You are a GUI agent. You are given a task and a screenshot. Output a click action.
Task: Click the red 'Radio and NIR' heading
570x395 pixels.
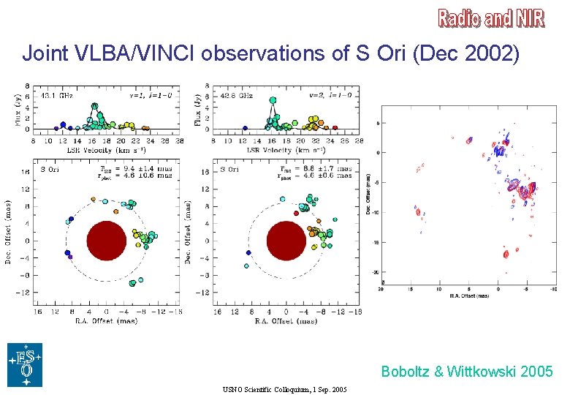(491, 18)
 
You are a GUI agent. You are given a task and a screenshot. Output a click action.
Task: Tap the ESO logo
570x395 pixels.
(25, 364)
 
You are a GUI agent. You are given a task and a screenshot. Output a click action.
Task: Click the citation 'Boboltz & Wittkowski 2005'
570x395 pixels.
(466, 372)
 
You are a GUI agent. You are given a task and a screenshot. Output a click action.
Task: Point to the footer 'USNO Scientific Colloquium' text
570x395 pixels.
(285, 388)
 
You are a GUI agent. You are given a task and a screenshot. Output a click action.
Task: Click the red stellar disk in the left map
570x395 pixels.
(107, 241)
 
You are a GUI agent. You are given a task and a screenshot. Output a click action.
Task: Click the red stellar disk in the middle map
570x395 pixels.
(286, 241)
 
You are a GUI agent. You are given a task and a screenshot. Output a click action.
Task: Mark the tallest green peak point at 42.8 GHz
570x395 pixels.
(273, 100)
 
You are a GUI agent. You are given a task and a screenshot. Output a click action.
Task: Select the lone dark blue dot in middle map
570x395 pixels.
(248, 252)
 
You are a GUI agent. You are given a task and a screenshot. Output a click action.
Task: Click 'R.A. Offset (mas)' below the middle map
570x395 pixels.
(286, 320)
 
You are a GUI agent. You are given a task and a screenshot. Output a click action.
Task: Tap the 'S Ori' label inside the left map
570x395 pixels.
(49, 169)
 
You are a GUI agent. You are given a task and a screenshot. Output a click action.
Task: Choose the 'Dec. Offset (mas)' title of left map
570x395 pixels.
(9, 233)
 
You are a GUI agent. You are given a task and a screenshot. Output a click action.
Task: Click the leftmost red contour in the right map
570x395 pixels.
(418, 213)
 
